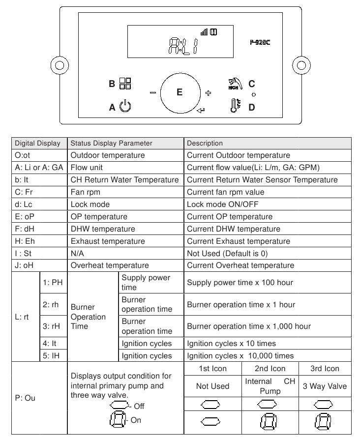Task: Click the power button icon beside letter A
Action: (x=125, y=106)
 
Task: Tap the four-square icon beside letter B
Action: (x=125, y=84)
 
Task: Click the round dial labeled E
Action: (x=180, y=93)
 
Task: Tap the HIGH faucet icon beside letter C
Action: (x=236, y=84)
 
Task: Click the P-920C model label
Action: (x=260, y=42)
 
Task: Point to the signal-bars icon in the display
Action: (x=204, y=32)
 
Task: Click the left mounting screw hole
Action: (x=60, y=65)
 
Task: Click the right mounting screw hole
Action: (x=301, y=65)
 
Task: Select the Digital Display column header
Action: (x=37, y=144)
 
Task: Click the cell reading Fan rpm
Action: (x=85, y=192)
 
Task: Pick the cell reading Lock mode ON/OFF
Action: (x=222, y=204)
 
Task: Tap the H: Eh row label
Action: (x=25, y=241)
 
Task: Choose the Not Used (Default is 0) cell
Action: (x=227, y=253)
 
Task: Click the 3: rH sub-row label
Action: (x=52, y=326)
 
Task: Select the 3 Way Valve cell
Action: (x=325, y=386)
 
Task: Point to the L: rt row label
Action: (x=22, y=317)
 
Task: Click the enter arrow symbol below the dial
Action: (x=201, y=111)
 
